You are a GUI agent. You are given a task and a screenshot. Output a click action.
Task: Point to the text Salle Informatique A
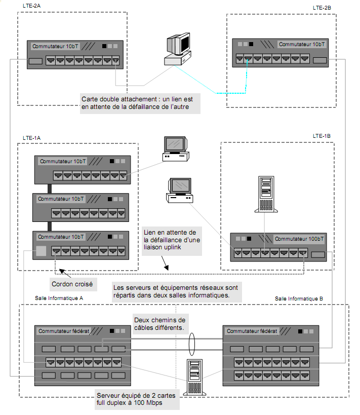[59, 298]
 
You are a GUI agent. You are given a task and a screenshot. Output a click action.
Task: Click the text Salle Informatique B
[299, 299]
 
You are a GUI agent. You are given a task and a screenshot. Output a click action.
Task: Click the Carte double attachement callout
[140, 102]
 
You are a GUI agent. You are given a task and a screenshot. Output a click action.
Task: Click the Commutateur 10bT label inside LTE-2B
[302, 45]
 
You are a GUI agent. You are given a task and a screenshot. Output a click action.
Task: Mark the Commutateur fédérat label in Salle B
[252, 331]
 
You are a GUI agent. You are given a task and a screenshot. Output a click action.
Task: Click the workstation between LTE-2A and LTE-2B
[178, 49]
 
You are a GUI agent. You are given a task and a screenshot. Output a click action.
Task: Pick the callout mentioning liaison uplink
[172, 240]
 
